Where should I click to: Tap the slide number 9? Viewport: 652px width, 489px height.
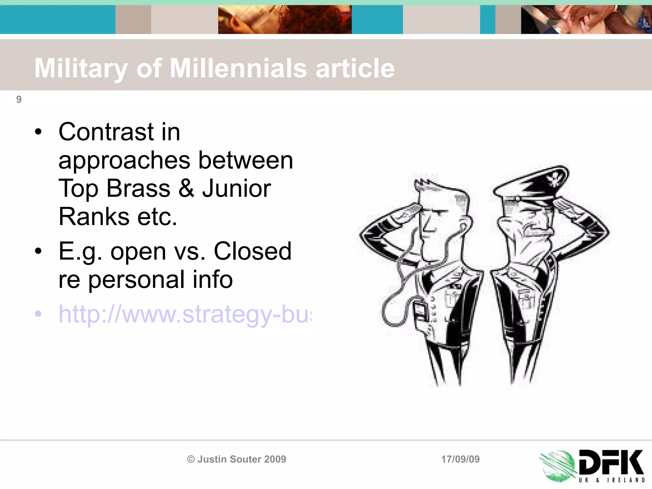point(19,99)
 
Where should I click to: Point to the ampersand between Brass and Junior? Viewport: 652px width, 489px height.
point(186,188)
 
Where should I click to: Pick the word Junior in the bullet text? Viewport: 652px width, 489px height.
point(237,188)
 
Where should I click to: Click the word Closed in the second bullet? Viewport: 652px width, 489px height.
point(252,251)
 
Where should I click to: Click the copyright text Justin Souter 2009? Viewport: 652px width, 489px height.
point(237,459)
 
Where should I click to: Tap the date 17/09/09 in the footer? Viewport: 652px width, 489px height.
point(460,459)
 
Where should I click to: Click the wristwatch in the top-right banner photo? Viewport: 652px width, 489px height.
point(558,29)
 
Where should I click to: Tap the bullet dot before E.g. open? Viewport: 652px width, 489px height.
point(38,251)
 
